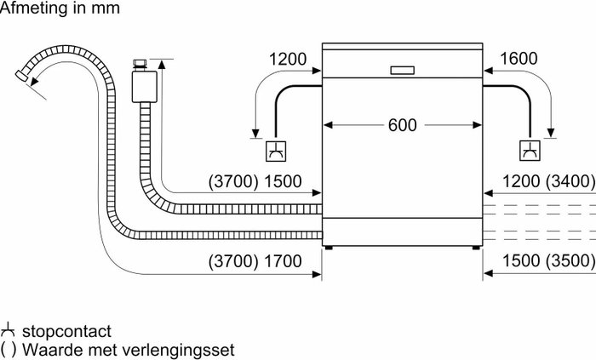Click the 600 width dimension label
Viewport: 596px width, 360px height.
[402, 125]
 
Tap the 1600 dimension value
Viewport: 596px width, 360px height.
[519, 59]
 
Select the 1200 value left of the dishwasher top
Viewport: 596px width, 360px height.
[288, 59]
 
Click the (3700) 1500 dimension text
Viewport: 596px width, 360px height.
[255, 181]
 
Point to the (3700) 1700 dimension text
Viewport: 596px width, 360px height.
[255, 261]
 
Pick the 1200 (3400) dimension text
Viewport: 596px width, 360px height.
[549, 181]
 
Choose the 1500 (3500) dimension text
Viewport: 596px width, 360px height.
[549, 260]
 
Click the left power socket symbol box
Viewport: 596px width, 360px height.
[276, 151]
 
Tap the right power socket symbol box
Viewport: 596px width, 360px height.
[530, 151]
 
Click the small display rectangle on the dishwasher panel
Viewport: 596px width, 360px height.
[402, 71]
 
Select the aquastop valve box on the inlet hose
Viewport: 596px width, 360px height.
[145, 87]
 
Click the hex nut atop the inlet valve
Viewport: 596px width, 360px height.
[140, 63]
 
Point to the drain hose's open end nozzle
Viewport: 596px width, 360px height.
[21, 75]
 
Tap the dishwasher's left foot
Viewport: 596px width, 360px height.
[329, 248]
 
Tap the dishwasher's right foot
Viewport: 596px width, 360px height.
[476, 248]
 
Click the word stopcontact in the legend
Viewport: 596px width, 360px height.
[66, 331]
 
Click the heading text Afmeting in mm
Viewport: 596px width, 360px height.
[60, 8]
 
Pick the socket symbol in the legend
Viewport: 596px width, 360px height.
[7, 330]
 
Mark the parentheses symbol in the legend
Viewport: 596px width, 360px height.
[9, 350]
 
